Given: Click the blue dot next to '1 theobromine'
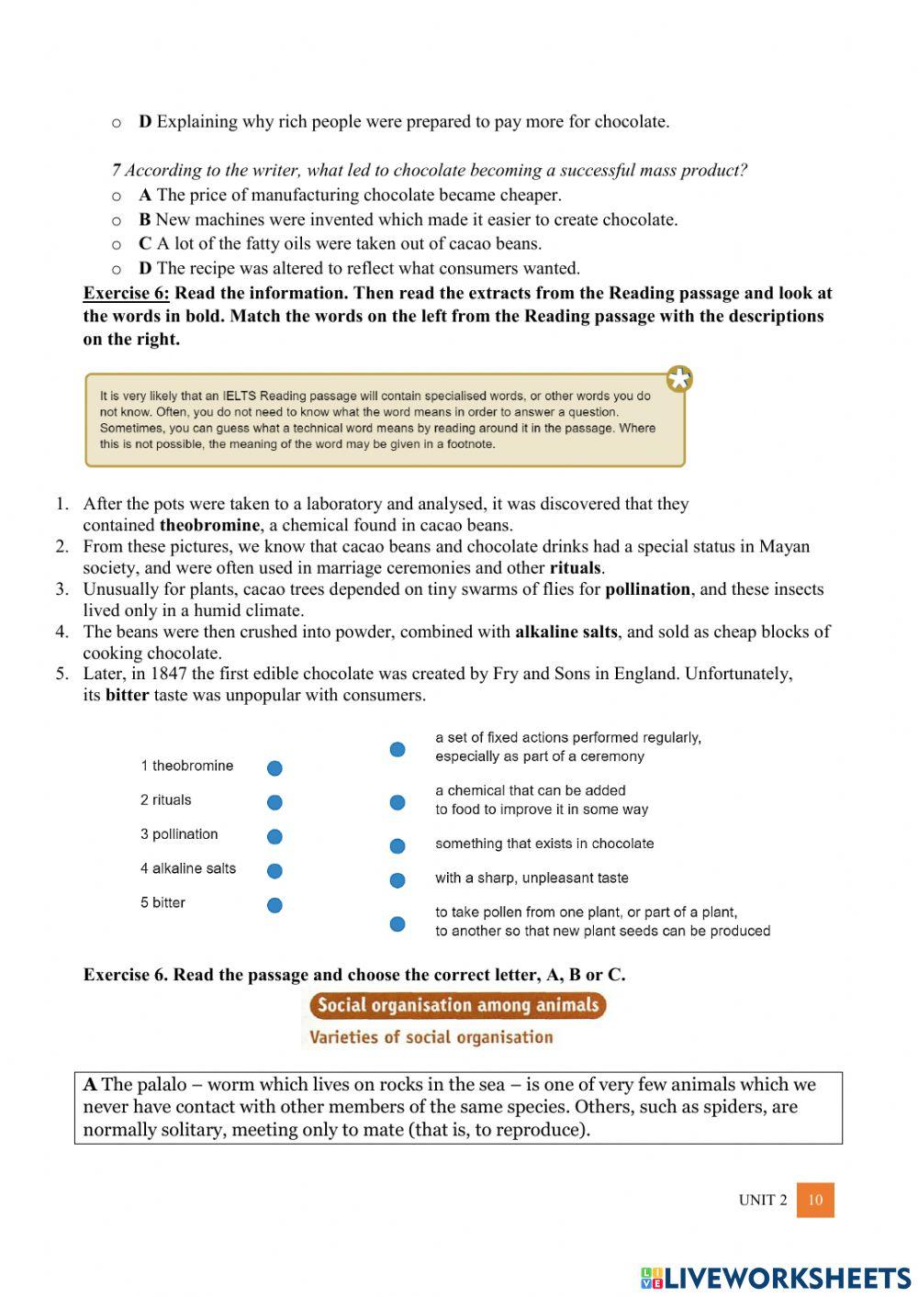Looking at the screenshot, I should [274, 768].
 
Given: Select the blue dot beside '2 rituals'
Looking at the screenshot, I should [274, 802].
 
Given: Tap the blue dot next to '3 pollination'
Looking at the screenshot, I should [274, 836].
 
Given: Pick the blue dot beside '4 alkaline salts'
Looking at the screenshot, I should [274, 870].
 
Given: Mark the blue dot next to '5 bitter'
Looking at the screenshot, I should [274, 905].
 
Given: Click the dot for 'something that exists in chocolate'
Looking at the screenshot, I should [397, 845].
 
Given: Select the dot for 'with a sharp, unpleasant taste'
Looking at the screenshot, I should [397, 880].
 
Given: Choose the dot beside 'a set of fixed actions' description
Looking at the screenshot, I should [397, 750].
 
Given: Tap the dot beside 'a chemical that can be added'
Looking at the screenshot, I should [397, 802].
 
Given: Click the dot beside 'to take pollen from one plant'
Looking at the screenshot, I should [397, 923].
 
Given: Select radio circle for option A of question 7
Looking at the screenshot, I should [117, 196].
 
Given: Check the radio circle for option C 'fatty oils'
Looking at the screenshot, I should [117, 244].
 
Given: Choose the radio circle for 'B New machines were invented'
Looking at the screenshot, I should [117, 220].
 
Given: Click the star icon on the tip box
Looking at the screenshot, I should [679, 379].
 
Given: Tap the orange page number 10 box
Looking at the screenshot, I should [815, 1200].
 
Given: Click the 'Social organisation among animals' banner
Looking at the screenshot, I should [457, 1005].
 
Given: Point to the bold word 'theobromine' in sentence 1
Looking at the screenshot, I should [209, 526].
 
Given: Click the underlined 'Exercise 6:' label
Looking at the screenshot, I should [126, 294].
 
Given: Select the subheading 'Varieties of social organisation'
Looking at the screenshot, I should [431, 1037].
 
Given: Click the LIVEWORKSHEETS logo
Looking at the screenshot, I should [776, 1278].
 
